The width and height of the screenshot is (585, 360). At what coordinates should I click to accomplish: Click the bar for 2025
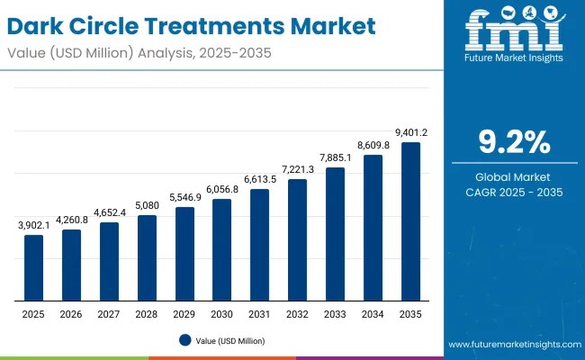coord(33,267)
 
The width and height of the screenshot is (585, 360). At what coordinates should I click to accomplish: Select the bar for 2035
coord(410,220)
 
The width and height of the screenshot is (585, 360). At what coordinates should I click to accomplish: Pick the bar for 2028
coord(147,257)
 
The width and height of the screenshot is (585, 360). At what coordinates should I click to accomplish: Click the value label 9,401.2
coord(410,132)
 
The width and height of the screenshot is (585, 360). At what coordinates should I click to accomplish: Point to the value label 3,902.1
coord(33,225)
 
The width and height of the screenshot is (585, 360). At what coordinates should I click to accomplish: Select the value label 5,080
coord(147,205)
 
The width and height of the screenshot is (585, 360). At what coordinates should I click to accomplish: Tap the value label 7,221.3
coord(297,169)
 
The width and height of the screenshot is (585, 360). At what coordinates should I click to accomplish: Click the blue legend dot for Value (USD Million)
coord(184,340)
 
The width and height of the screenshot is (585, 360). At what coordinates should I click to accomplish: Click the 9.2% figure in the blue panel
coord(514,142)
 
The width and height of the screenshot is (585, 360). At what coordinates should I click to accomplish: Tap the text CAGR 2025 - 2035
coord(514,193)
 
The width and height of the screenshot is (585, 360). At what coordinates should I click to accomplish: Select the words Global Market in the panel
coord(514,176)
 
